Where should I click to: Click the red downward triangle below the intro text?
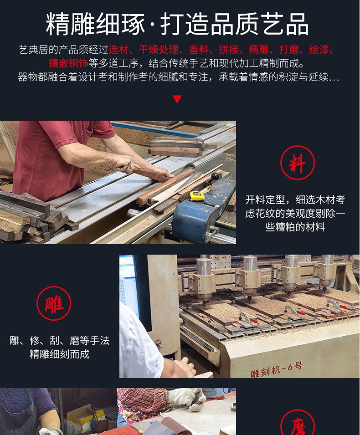tap(177, 99)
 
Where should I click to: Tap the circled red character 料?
tap(297, 163)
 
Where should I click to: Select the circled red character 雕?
tap(54, 303)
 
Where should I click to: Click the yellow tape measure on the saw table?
tap(197, 196)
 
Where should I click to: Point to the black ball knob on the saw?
tap(215, 176)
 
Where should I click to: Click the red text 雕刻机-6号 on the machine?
tap(277, 370)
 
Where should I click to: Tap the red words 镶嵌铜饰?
tap(68, 63)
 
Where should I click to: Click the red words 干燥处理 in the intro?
tap(159, 50)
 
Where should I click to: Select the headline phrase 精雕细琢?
tap(96, 24)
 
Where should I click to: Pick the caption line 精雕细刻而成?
tap(59, 354)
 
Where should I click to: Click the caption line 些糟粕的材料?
tap(295, 227)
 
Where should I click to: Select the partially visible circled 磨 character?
tap(297, 423)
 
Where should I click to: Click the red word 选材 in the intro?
tap(118, 50)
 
